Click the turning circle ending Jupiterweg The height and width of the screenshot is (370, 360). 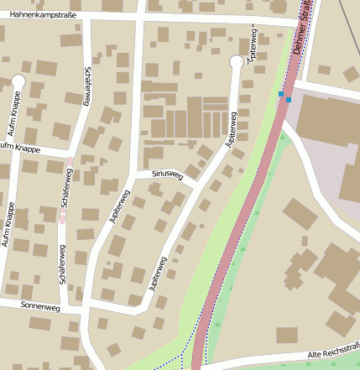pos(237,61)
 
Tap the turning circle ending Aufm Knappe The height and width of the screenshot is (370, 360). pos(18,81)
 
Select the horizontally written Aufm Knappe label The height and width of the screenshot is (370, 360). pos(20,148)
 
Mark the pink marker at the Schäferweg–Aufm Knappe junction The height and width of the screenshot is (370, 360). pos(70,160)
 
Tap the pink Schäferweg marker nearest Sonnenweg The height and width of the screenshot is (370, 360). pos(63,220)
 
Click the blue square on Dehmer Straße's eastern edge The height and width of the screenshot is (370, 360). pos(289,100)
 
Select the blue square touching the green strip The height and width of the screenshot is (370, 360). pos(281,94)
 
